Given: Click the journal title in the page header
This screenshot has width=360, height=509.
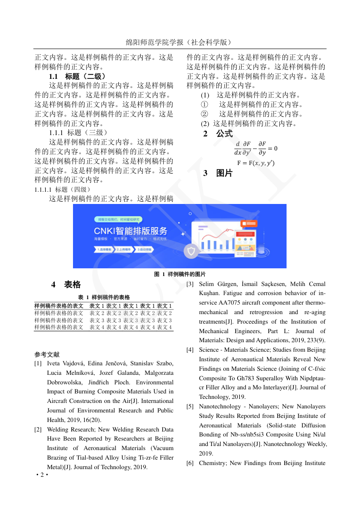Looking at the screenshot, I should pos(180,42).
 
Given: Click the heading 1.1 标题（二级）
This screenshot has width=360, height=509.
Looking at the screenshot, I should pos(78,77).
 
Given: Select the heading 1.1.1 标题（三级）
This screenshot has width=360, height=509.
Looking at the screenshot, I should pos(78,133).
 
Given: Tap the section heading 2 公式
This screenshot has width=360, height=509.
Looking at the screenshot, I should pos(218,134).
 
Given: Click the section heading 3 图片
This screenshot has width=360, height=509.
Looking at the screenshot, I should pos(218,173).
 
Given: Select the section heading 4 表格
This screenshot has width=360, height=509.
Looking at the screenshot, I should pos(66,285).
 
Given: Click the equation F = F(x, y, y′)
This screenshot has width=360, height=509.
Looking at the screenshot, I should pos(256,163).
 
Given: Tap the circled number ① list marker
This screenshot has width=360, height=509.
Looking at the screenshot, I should pos(204,105).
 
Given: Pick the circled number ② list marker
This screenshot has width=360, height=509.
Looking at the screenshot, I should pos(204,114).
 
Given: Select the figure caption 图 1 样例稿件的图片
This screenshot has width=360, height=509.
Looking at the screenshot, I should pos(180,274).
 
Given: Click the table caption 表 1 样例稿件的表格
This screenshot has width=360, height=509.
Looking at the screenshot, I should pos(104,297).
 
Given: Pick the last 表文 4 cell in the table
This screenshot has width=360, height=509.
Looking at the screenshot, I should pos(165,327).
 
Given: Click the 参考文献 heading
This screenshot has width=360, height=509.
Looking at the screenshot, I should pos(47,354).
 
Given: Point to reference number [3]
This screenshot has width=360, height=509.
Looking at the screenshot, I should pos(190,284).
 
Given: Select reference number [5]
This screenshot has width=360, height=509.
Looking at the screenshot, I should pos(190,407).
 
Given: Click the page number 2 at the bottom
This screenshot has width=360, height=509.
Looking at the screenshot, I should pos(42,475).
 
